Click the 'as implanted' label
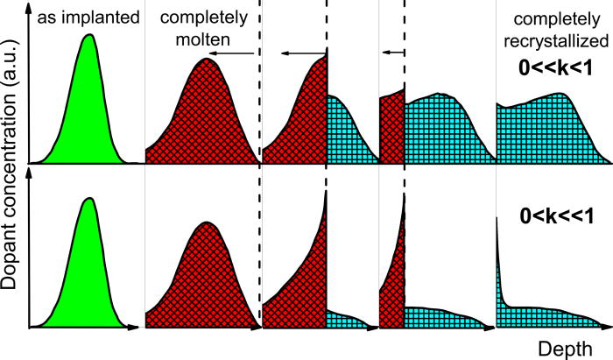[88, 18]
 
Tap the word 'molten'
[203, 39]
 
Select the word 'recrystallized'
[556, 40]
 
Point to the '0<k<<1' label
[557, 215]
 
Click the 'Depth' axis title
[565, 349]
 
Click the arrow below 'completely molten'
[234, 53]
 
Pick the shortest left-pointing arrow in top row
[393, 52]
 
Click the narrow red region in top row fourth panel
[392, 129]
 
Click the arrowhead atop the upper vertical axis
[29, 10]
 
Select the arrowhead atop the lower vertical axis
[29, 174]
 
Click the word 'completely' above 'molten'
[204, 18]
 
